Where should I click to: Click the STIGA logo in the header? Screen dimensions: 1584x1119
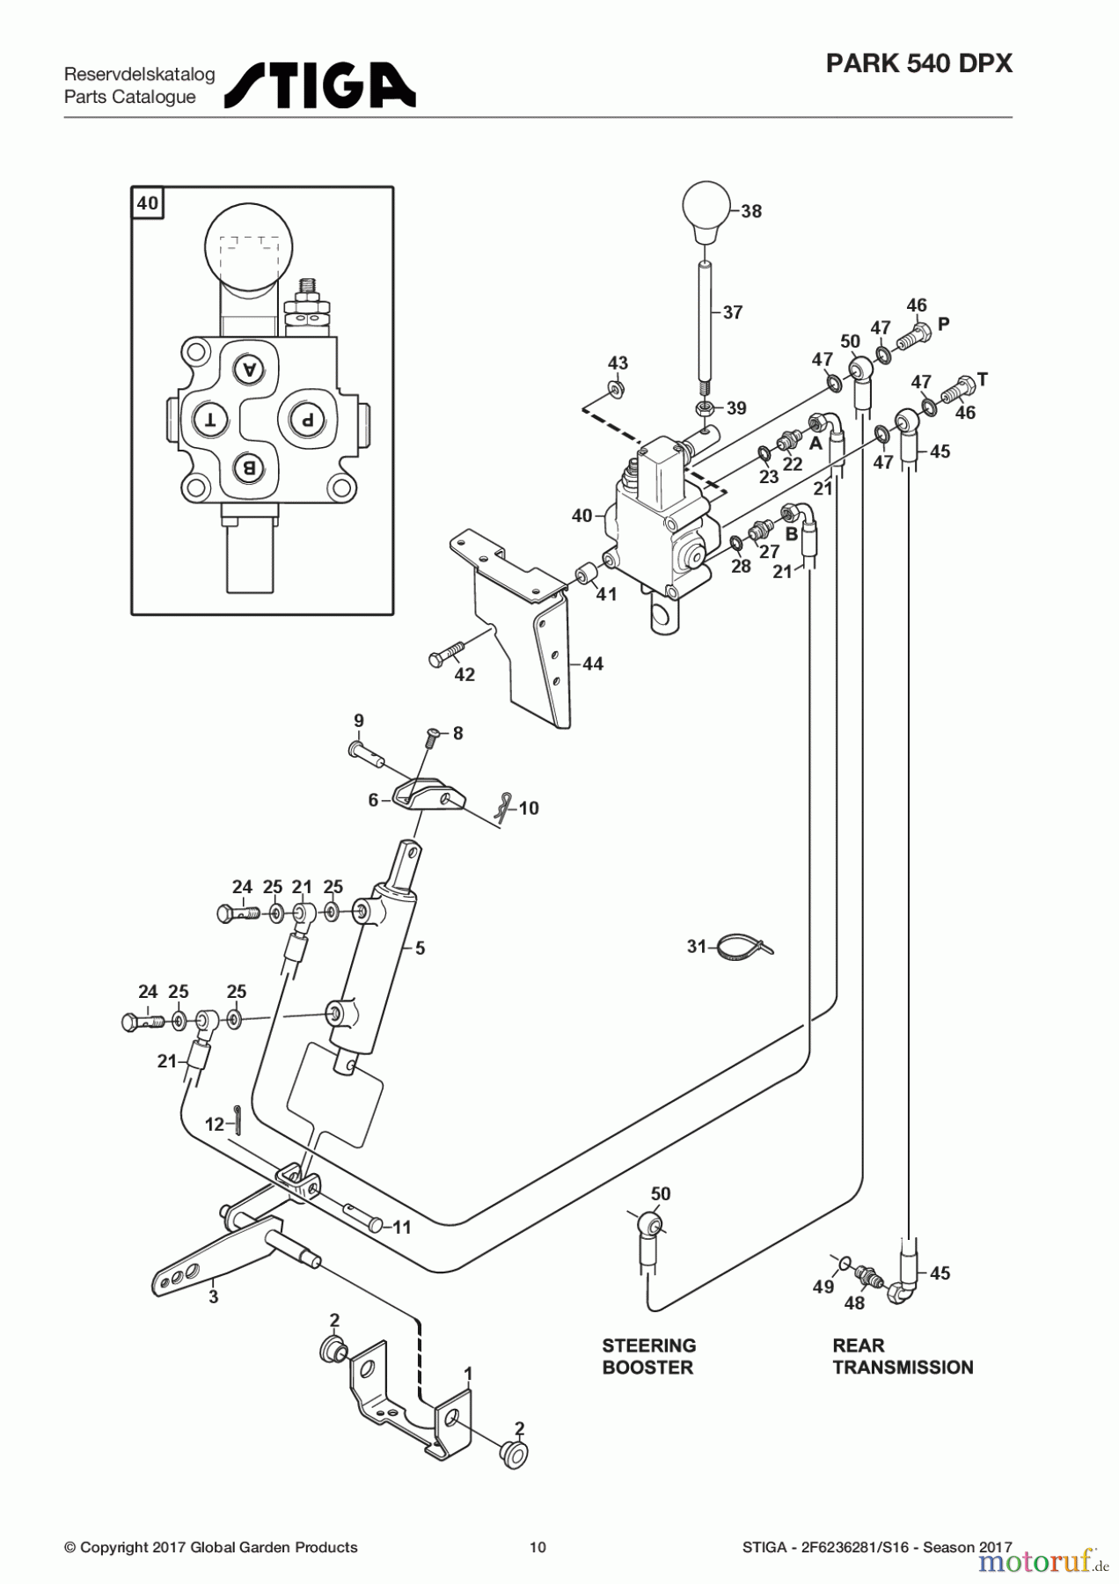320,84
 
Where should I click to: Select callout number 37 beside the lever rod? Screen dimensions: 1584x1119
733,312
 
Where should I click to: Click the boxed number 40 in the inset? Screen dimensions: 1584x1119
148,203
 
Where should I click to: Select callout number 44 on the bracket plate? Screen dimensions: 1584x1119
593,664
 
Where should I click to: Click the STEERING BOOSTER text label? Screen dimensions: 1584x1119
648,1356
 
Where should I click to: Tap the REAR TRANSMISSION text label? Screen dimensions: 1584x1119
903,1356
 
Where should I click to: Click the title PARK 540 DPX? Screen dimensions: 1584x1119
918,63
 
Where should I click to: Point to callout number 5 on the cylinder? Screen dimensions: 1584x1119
421,949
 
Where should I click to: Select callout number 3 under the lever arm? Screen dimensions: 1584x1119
213,1296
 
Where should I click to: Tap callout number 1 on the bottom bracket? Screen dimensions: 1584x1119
469,1374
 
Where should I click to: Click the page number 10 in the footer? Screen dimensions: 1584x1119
538,1547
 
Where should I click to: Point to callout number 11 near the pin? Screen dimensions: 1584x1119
401,1227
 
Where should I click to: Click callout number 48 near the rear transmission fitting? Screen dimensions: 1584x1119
854,1303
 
